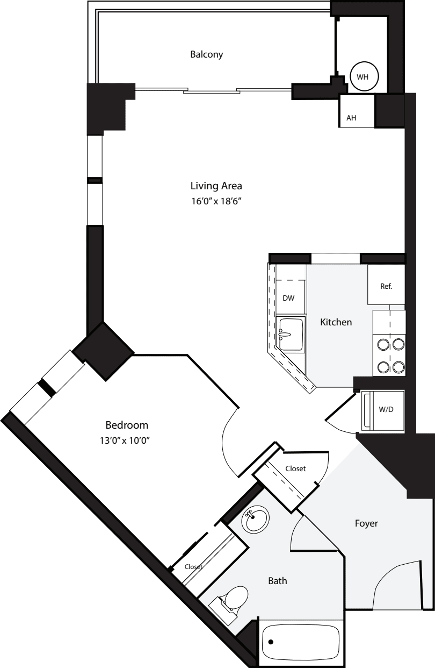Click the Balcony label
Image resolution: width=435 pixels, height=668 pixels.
point(207,54)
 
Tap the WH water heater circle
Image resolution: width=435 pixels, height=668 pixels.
point(363,77)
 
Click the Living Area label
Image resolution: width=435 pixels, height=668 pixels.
point(216,186)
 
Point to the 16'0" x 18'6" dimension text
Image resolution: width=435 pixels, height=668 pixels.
point(216,202)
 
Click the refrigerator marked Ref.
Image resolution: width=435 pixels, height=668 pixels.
point(386,286)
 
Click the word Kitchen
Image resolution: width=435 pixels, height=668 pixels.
point(336,322)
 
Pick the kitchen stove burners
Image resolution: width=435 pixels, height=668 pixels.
point(390,355)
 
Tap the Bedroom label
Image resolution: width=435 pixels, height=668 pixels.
point(126,424)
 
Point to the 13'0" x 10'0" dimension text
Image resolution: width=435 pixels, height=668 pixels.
point(126,440)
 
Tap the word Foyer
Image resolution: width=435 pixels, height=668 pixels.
point(366,523)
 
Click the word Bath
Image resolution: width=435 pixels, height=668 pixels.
point(277,581)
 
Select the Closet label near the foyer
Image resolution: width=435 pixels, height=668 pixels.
point(295,468)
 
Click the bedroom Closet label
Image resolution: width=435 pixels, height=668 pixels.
point(193,566)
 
